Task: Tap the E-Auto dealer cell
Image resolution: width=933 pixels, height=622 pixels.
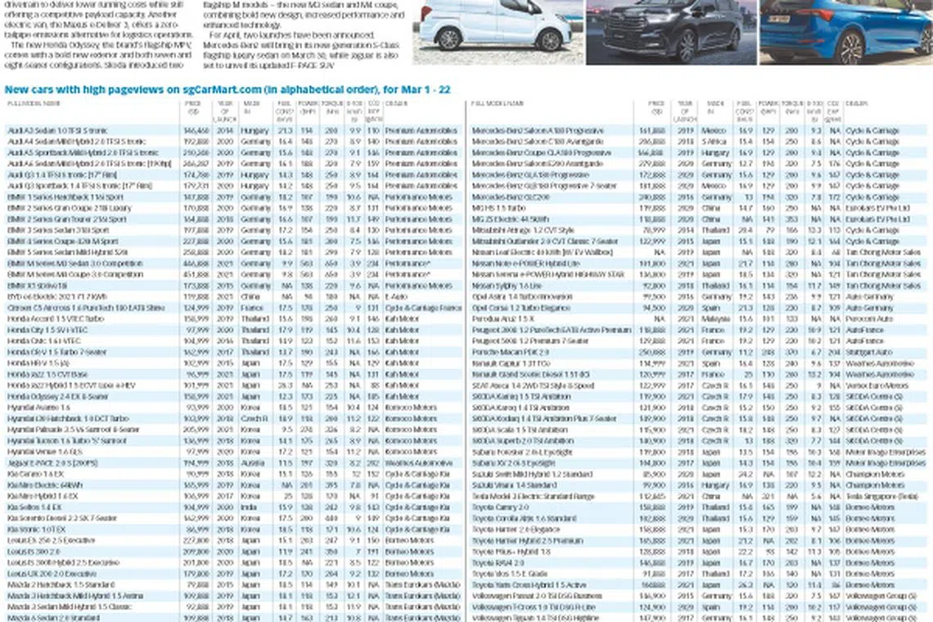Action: pyautogui.click(x=396, y=297)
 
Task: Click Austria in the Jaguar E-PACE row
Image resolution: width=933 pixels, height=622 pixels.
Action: pyautogui.click(x=254, y=463)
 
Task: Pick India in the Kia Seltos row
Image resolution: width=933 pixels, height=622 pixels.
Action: pyautogui.click(x=251, y=507)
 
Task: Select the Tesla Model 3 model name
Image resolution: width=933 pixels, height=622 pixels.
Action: pyautogui.click(x=533, y=497)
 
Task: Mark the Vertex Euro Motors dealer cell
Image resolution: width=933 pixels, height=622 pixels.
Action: pyautogui.click(x=872, y=385)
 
